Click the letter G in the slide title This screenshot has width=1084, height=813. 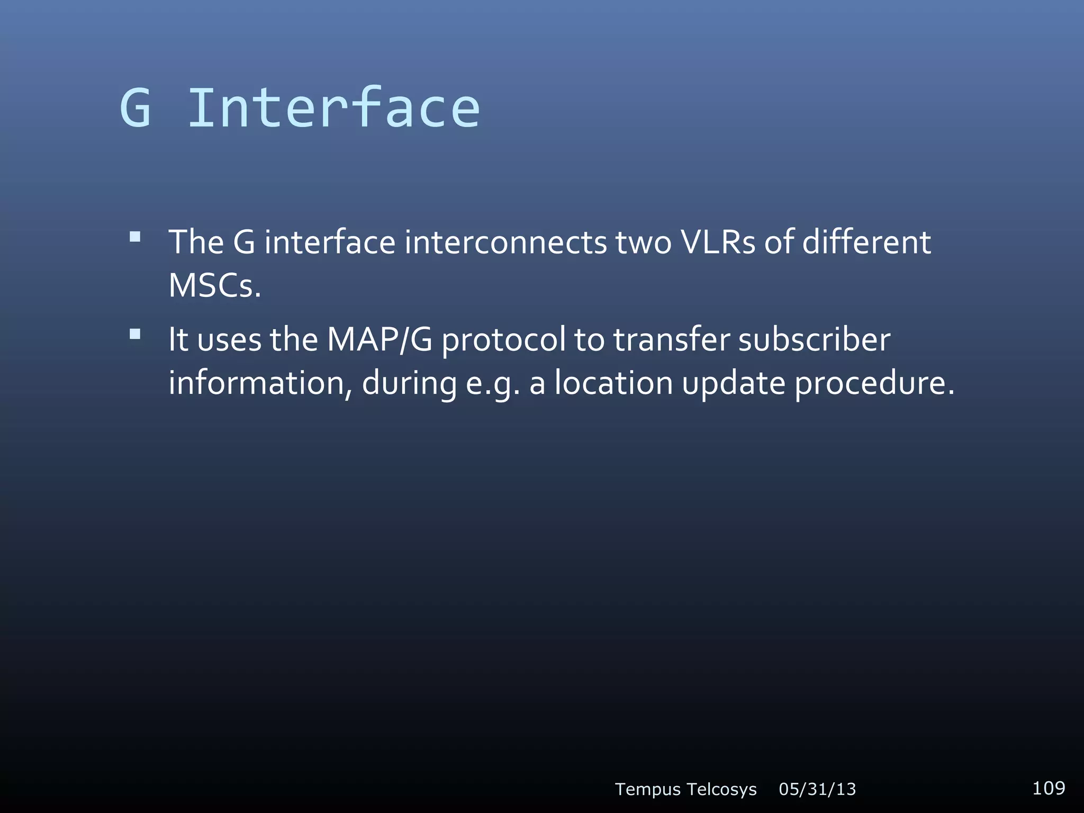136,108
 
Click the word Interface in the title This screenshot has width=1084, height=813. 333,108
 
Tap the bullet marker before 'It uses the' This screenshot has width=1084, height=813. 135,334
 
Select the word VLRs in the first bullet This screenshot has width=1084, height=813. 718,242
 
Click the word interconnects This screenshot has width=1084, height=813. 505,242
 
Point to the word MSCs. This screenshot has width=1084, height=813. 214,286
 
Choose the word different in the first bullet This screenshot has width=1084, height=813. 866,242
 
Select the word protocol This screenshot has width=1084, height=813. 503,340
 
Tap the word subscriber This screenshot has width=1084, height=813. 814,339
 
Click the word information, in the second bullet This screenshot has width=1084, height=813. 260,383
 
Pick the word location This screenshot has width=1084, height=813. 613,383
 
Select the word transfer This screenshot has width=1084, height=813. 672,339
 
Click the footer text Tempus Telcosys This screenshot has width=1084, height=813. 685,789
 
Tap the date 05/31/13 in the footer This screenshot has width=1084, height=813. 817,789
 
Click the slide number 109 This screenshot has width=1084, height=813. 1049,788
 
